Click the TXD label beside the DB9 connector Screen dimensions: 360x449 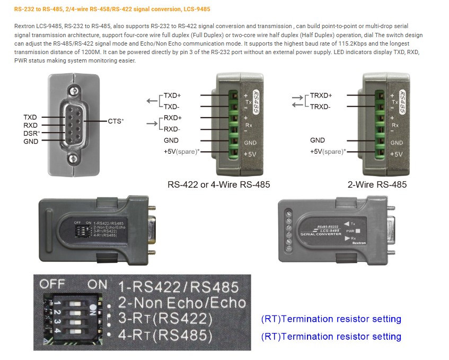(x=30, y=117)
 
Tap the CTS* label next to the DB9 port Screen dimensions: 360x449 (x=116, y=121)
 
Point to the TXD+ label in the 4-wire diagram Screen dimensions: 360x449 (x=172, y=95)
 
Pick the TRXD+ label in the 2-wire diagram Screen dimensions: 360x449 (x=321, y=95)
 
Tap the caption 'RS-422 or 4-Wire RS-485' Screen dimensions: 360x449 (x=219, y=185)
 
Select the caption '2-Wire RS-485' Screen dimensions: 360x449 (x=377, y=185)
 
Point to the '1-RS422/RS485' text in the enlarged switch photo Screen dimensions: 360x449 (x=178, y=287)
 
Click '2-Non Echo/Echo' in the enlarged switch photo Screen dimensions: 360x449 (x=182, y=303)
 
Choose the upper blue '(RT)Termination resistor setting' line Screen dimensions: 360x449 (x=331, y=319)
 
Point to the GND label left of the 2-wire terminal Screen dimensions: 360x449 (x=318, y=141)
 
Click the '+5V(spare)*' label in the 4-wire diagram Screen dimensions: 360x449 (x=181, y=152)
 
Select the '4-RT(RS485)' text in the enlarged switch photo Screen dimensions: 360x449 (x=165, y=336)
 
